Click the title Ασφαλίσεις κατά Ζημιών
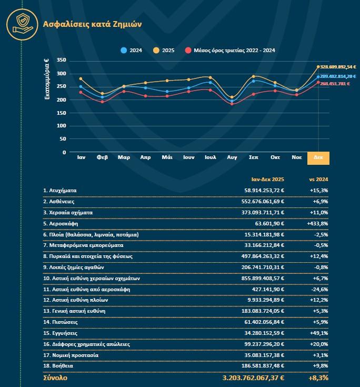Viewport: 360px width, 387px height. click(x=92, y=24)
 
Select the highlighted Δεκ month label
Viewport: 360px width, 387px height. click(x=318, y=157)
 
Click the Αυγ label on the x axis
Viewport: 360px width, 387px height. click(x=232, y=157)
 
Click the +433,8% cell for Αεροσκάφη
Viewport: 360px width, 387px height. click(x=317, y=223)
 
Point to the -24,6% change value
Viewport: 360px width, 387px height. click(x=318, y=289)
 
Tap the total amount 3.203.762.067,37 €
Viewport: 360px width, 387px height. click(x=253, y=378)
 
